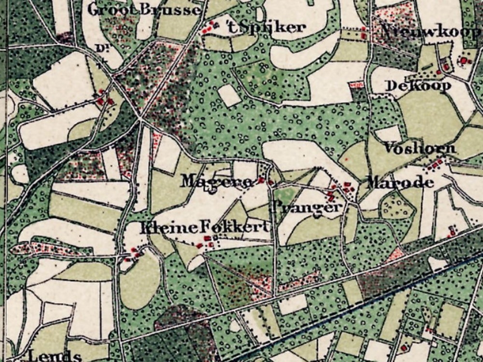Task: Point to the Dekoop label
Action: [418, 85]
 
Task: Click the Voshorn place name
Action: [419, 148]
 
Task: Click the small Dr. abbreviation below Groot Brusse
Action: [101, 47]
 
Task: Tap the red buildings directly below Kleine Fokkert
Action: [206, 242]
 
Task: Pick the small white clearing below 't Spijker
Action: [229, 95]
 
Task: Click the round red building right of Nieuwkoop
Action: [465, 60]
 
